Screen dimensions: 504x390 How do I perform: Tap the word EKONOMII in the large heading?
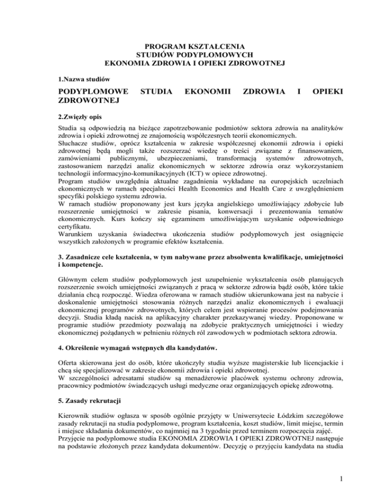tap(206, 93)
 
